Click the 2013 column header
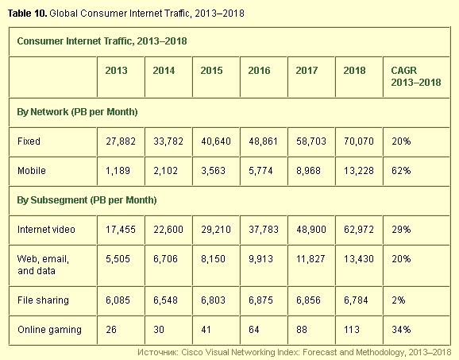point(116,71)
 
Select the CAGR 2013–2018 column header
point(416,76)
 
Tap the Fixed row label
point(29,141)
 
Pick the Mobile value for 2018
point(359,171)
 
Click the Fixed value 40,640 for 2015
point(216,141)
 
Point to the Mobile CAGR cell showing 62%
point(401,171)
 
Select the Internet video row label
point(46,230)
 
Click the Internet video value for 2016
point(264,230)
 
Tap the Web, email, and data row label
point(43,265)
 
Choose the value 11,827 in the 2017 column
point(310,259)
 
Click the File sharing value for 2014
point(165,300)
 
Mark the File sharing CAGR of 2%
point(399,300)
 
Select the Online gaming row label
point(49,330)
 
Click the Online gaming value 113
point(352,330)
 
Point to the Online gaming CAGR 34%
point(401,330)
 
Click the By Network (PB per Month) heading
point(77,112)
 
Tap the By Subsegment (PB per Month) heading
point(87,200)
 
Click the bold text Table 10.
point(27,14)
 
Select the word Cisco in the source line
point(191,352)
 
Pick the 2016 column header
point(259,71)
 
